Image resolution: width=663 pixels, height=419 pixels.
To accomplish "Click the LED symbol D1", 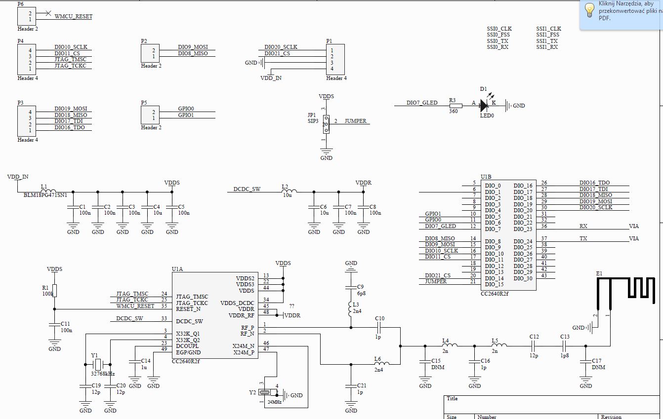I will tap(484, 105).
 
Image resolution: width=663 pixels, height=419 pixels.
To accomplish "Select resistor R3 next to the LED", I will tap(456, 106).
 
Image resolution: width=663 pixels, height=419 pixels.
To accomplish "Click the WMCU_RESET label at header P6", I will tap(73, 16).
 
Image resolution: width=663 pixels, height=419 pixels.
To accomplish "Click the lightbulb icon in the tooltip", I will tap(589, 10).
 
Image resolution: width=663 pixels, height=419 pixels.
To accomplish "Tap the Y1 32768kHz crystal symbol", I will tap(98, 365).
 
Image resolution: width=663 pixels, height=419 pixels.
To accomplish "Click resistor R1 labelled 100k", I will tap(54, 291).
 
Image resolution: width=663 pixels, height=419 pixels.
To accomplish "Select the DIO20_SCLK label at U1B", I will tap(595, 207).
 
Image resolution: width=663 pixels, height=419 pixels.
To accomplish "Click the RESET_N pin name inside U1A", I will tap(188, 309).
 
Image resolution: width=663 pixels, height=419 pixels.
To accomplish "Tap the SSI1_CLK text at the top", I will tap(548, 29).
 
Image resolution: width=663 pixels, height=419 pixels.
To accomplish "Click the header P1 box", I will tap(335, 59).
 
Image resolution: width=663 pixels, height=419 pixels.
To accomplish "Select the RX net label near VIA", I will tap(583, 226).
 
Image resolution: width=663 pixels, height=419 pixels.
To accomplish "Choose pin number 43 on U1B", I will tap(544, 275).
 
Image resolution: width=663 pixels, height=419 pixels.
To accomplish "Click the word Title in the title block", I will tap(452, 398).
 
